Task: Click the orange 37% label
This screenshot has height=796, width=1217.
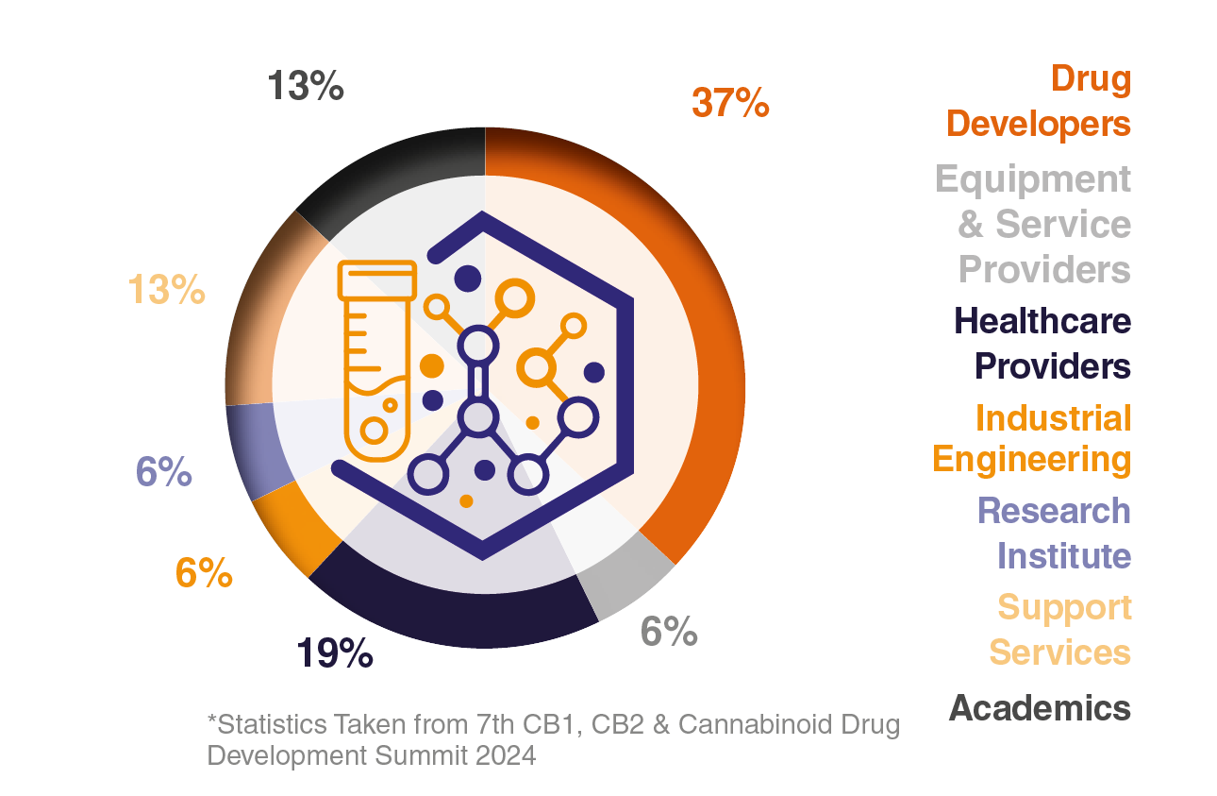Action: click(x=730, y=103)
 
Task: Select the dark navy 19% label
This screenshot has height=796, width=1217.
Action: click(x=335, y=653)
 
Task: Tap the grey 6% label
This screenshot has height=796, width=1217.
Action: click(x=668, y=631)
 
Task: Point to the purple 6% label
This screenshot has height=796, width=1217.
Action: click(x=164, y=471)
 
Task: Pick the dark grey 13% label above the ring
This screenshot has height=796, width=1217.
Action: click(x=305, y=87)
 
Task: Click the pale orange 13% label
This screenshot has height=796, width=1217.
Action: click(x=167, y=289)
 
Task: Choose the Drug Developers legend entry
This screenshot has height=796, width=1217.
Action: click(x=1039, y=101)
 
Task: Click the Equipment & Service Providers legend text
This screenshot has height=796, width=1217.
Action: click(x=1034, y=224)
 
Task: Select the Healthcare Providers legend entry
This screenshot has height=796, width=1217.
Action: click(x=1042, y=343)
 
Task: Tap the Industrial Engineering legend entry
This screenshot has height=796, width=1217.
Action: click(x=1032, y=438)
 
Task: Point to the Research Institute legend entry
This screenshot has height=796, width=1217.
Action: click(x=1054, y=533)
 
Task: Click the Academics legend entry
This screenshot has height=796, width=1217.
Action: click(x=1040, y=707)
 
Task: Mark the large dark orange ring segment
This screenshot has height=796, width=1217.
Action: click(x=712, y=359)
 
